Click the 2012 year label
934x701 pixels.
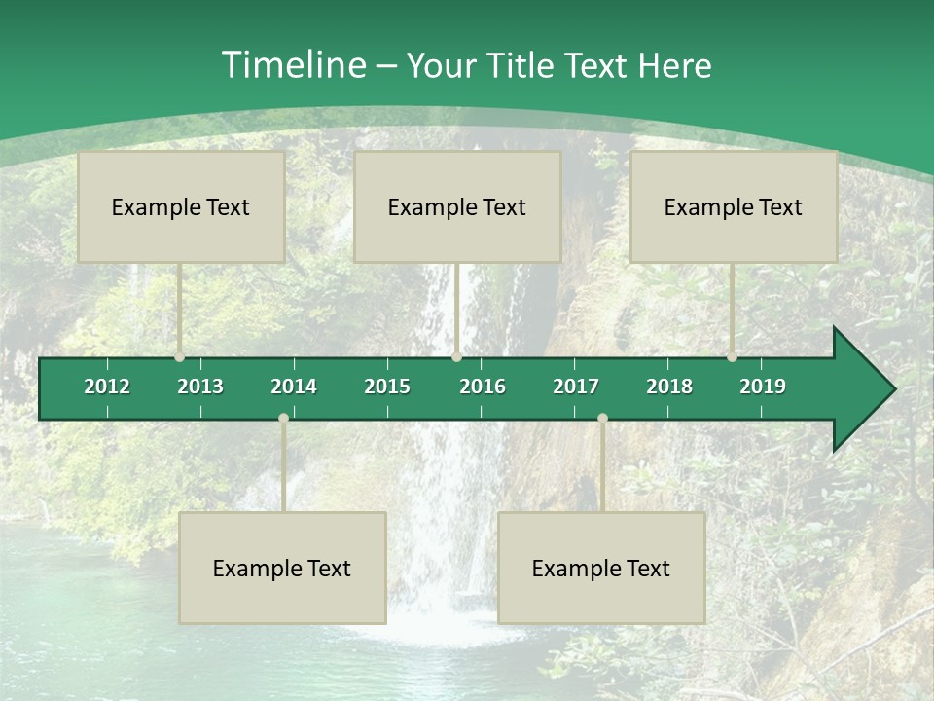(107, 387)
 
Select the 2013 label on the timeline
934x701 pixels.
(200, 387)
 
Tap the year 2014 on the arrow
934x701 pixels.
(294, 387)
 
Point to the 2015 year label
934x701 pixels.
(387, 387)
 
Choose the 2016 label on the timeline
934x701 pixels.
(483, 387)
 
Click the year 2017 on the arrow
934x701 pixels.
(576, 387)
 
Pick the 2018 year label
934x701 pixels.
(669, 387)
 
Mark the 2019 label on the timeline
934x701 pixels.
(763, 387)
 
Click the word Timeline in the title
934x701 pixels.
(292, 65)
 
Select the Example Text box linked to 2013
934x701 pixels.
(181, 206)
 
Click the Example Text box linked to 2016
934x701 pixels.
(457, 206)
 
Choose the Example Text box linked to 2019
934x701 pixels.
(734, 206)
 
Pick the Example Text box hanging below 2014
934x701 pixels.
(282, 568)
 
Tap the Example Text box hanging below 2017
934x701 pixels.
(601, 568)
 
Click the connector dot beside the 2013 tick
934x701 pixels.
(180, 357)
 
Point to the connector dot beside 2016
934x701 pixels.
(457, 357)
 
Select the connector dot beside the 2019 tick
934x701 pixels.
(733, 357)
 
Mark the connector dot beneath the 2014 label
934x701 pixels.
(283, 418)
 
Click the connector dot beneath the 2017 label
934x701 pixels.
(602, 418)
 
